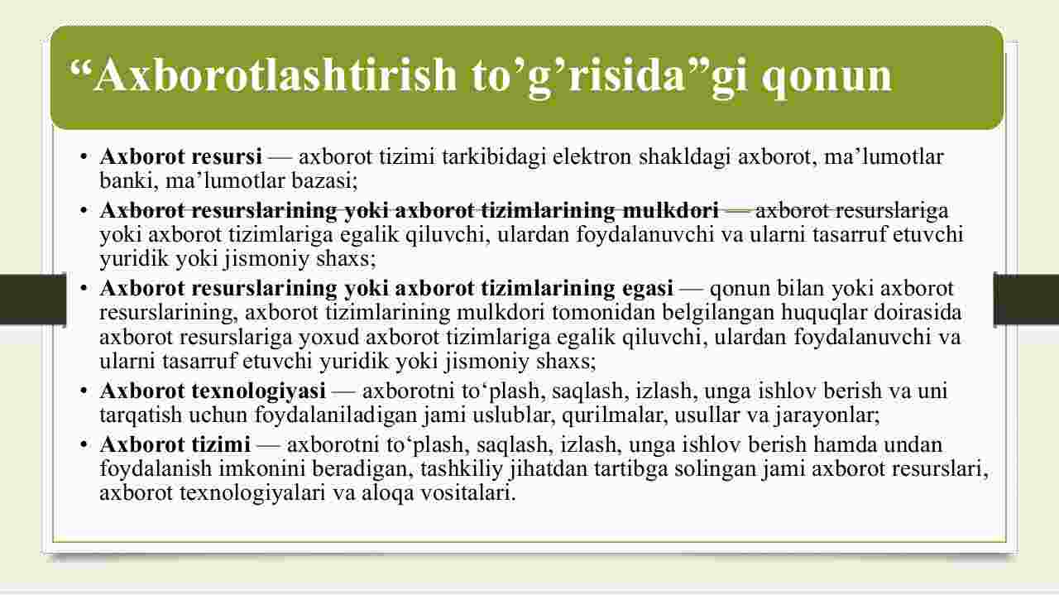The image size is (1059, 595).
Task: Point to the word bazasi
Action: click(x=324, y=181)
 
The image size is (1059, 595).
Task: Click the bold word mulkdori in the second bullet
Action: click(x=670, y=210)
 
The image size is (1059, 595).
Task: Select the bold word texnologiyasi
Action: click(x=259, y=391)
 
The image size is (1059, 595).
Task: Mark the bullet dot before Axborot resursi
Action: click(x=84, y=157)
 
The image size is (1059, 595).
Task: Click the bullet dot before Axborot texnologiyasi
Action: click(x=84, y=391)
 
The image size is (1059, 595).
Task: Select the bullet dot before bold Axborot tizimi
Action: click(x=84, y=444)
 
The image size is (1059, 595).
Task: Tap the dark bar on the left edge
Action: click(x=32, y=300)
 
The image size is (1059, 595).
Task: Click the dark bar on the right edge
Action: click(x=1027, y=300)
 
